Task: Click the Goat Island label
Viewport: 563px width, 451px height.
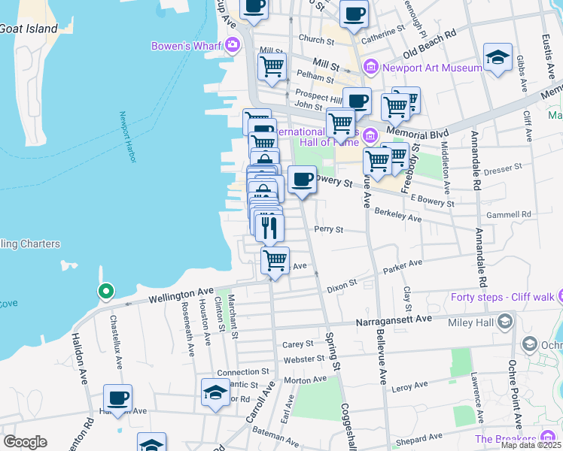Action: [29, 29]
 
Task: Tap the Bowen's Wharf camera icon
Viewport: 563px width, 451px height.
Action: [233, 46]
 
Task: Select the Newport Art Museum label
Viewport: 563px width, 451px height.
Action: [431, 68]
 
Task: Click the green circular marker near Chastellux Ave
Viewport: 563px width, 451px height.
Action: [106, 291]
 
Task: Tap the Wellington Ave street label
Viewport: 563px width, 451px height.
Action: [181, 294]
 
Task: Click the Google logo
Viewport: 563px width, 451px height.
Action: [25, 442]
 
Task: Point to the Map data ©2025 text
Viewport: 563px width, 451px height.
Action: [531, 445]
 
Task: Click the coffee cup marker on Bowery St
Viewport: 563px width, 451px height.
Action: [302, 180]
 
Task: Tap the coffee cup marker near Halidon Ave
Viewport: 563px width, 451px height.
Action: [117, 398]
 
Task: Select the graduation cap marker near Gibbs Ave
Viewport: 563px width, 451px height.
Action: [498, 59]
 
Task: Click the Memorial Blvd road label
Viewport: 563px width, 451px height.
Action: [407, 135]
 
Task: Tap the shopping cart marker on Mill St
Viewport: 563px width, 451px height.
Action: [272, 65]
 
